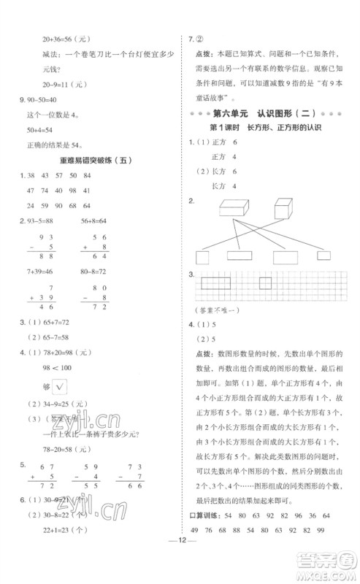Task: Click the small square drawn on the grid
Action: point(265,282)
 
